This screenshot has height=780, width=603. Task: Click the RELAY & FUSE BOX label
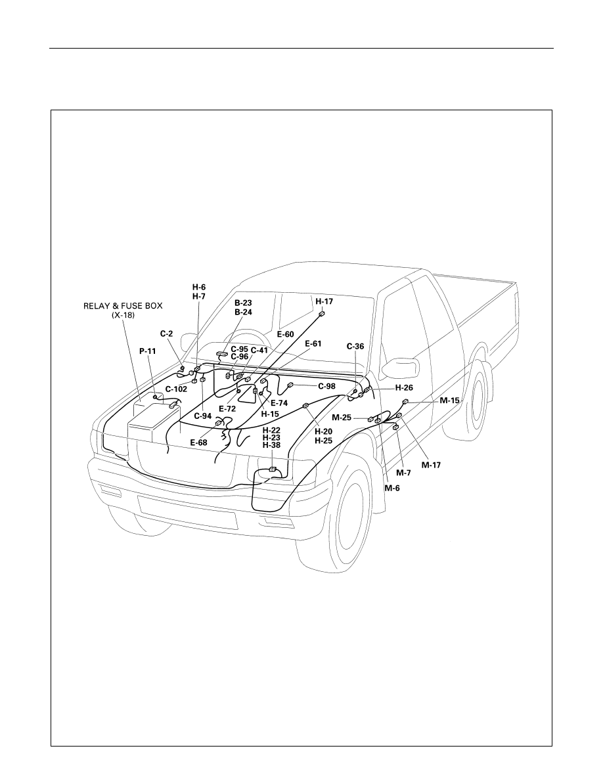123,306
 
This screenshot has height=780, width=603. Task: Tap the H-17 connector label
324,301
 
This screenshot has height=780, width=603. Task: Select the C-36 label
355,346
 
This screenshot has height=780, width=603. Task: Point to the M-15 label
450,400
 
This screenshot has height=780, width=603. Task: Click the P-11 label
147,351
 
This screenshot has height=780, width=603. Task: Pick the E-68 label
199,442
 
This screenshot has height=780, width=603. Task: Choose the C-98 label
326,386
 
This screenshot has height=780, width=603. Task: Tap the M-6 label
392,488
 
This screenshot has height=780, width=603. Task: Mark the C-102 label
176,389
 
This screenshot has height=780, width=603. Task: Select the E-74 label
279,403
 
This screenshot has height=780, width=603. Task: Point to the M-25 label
342,418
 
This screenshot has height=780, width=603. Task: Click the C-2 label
166,334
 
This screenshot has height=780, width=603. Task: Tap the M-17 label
431,465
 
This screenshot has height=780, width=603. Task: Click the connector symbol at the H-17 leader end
321,314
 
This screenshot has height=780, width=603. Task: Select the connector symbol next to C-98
290,385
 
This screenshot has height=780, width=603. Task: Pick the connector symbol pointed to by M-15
405,402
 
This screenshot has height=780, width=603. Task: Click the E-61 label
313,344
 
